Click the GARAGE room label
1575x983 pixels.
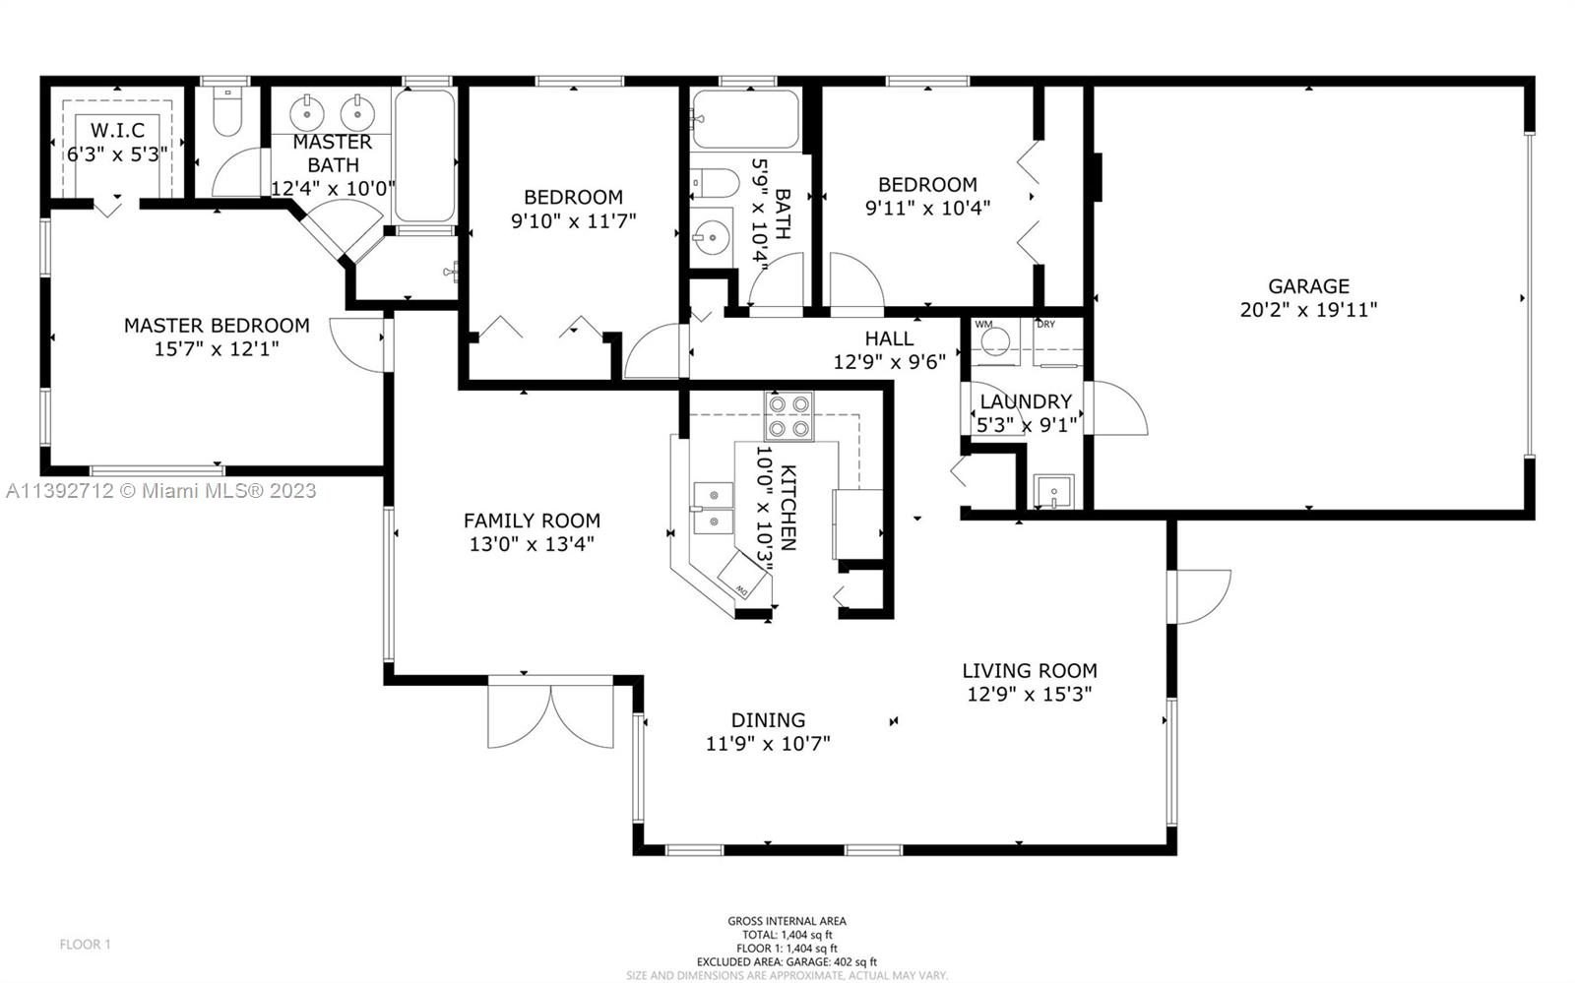[x=1308, y=286]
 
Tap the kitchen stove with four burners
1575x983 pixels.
[x=788, y=416]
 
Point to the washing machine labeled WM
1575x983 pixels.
[x=995, y=342]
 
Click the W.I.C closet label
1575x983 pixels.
[x=117, y=130]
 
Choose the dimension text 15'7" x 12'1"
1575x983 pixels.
[x=217, y=348]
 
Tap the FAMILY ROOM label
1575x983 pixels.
[x=532, y=521]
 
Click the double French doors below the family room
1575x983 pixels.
[x=550, y=711]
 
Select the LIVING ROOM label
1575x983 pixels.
[x=1030, y=671]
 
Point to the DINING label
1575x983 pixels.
[x=768, y=720]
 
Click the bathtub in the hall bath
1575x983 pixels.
[x=746, y=119]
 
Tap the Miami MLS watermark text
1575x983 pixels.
[x=161, y=490]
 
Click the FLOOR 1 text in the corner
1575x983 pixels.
[x=85, y=945]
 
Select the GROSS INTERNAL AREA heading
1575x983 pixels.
[x=787, y=921]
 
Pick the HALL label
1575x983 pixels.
[x=890, y=338]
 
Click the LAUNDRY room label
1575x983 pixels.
[x=1026, y=401]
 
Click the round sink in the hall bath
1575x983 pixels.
[x=712, y=238]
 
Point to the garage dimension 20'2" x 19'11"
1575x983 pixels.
[x=1308, y=310]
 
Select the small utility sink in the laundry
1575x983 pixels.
[x=1053, y=491]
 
